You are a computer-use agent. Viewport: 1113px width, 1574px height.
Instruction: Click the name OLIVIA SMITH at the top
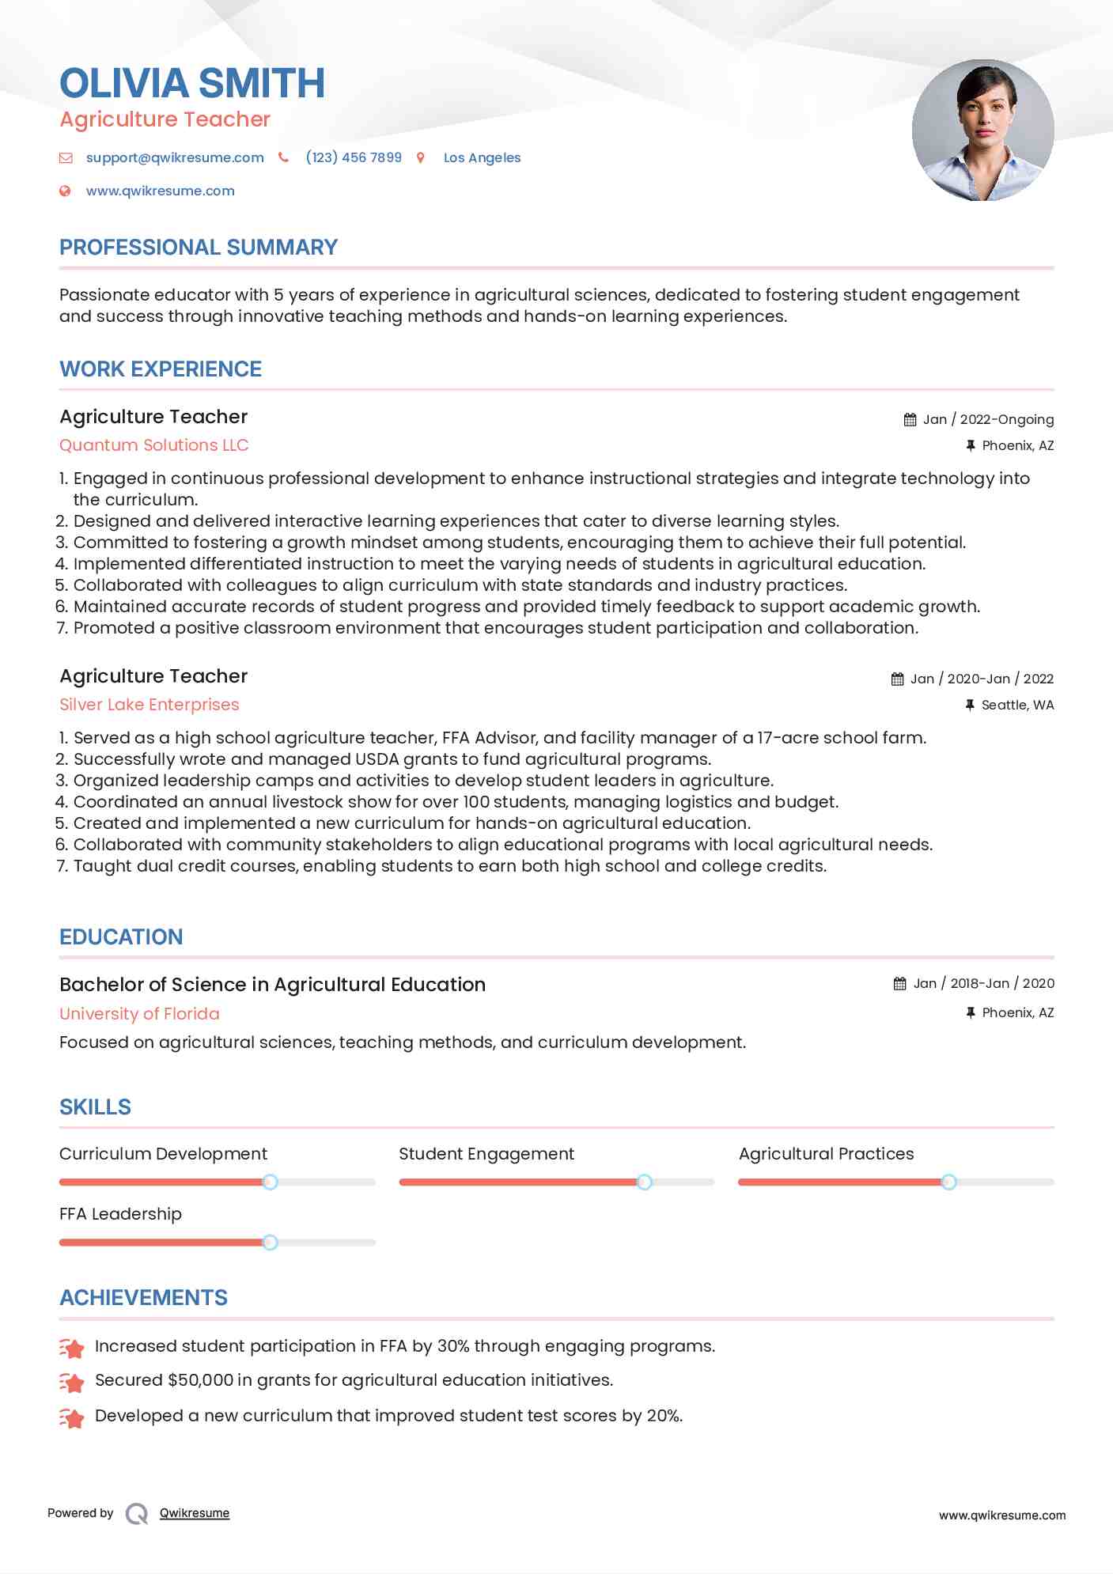click(x=192, y=84)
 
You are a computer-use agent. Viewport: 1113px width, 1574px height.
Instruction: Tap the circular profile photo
click(x=982, y=130)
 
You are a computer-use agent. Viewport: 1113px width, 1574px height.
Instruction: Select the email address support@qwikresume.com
click(x=175, y=157)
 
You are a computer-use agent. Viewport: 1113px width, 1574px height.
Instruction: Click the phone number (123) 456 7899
click(x=354, y=157)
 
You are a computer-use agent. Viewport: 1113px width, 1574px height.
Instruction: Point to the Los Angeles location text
click(x=482, y=157)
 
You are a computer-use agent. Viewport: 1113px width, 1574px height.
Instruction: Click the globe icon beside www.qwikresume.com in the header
click(x=66, y=191)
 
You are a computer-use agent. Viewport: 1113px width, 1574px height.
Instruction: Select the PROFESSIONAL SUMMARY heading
click(x=199, y=248)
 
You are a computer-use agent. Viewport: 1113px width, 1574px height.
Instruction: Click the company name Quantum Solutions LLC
click(x=154, y=445)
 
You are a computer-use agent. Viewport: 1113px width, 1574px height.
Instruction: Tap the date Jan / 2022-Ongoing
click(x=988, y=419)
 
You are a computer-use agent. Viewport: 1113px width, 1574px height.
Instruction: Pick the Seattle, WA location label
click(x=1017, y=705)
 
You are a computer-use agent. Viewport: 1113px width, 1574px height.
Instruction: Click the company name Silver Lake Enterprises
click(x=149, y=705)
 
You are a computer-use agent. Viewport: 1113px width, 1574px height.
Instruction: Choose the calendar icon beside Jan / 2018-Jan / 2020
click(x=899, y=983)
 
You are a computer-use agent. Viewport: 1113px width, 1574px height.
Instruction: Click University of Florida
click(x=139, y=1014)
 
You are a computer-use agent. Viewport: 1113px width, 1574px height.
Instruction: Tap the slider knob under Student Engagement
click(x=645, y=1182)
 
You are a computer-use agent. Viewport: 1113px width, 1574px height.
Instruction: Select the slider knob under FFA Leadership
click(x=270, y=1242)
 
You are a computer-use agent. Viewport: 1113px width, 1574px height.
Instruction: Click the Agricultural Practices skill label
click(x=826, y=1154)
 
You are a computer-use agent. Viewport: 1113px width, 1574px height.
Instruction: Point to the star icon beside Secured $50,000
click(x=72, y=1382)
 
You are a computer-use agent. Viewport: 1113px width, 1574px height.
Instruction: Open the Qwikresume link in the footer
click(x=195, y=1513)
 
